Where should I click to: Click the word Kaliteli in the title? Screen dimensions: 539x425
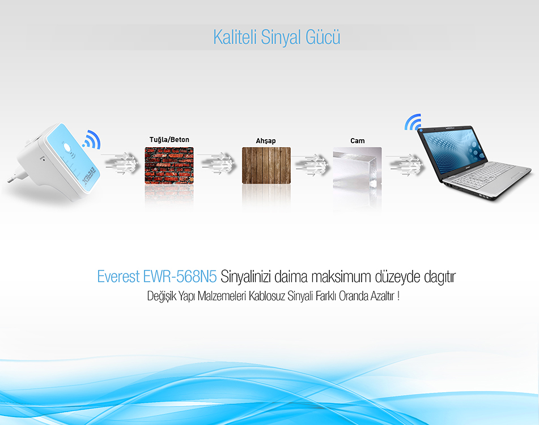point(235,37)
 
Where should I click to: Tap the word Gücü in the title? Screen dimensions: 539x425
point(323,37)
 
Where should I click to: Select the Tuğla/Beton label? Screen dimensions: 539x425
point(169,140)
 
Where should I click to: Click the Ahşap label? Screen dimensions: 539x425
point(266,141)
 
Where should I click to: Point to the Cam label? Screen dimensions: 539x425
point(358,141)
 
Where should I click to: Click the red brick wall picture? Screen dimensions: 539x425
point(169,165)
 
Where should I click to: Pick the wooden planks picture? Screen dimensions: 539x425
point(266,165)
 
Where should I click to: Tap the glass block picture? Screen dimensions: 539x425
point(357,166)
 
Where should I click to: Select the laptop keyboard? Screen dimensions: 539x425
point(481,175)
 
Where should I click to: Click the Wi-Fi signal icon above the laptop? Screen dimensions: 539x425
point(413,123)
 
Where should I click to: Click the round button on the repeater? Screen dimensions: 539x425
point(67,148)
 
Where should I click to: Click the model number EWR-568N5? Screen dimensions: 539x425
point(180,277)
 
